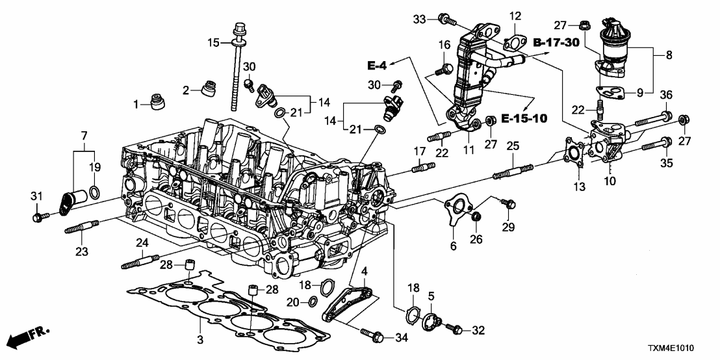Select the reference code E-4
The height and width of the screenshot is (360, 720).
point(378,65)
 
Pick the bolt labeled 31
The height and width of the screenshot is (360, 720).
point(40,215)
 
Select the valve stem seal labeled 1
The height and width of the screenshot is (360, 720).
point(157,103)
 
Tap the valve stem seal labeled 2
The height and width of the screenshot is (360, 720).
point(209,87)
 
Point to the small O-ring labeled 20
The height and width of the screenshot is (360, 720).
point(313,300)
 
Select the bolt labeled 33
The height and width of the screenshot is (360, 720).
point(444,19)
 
